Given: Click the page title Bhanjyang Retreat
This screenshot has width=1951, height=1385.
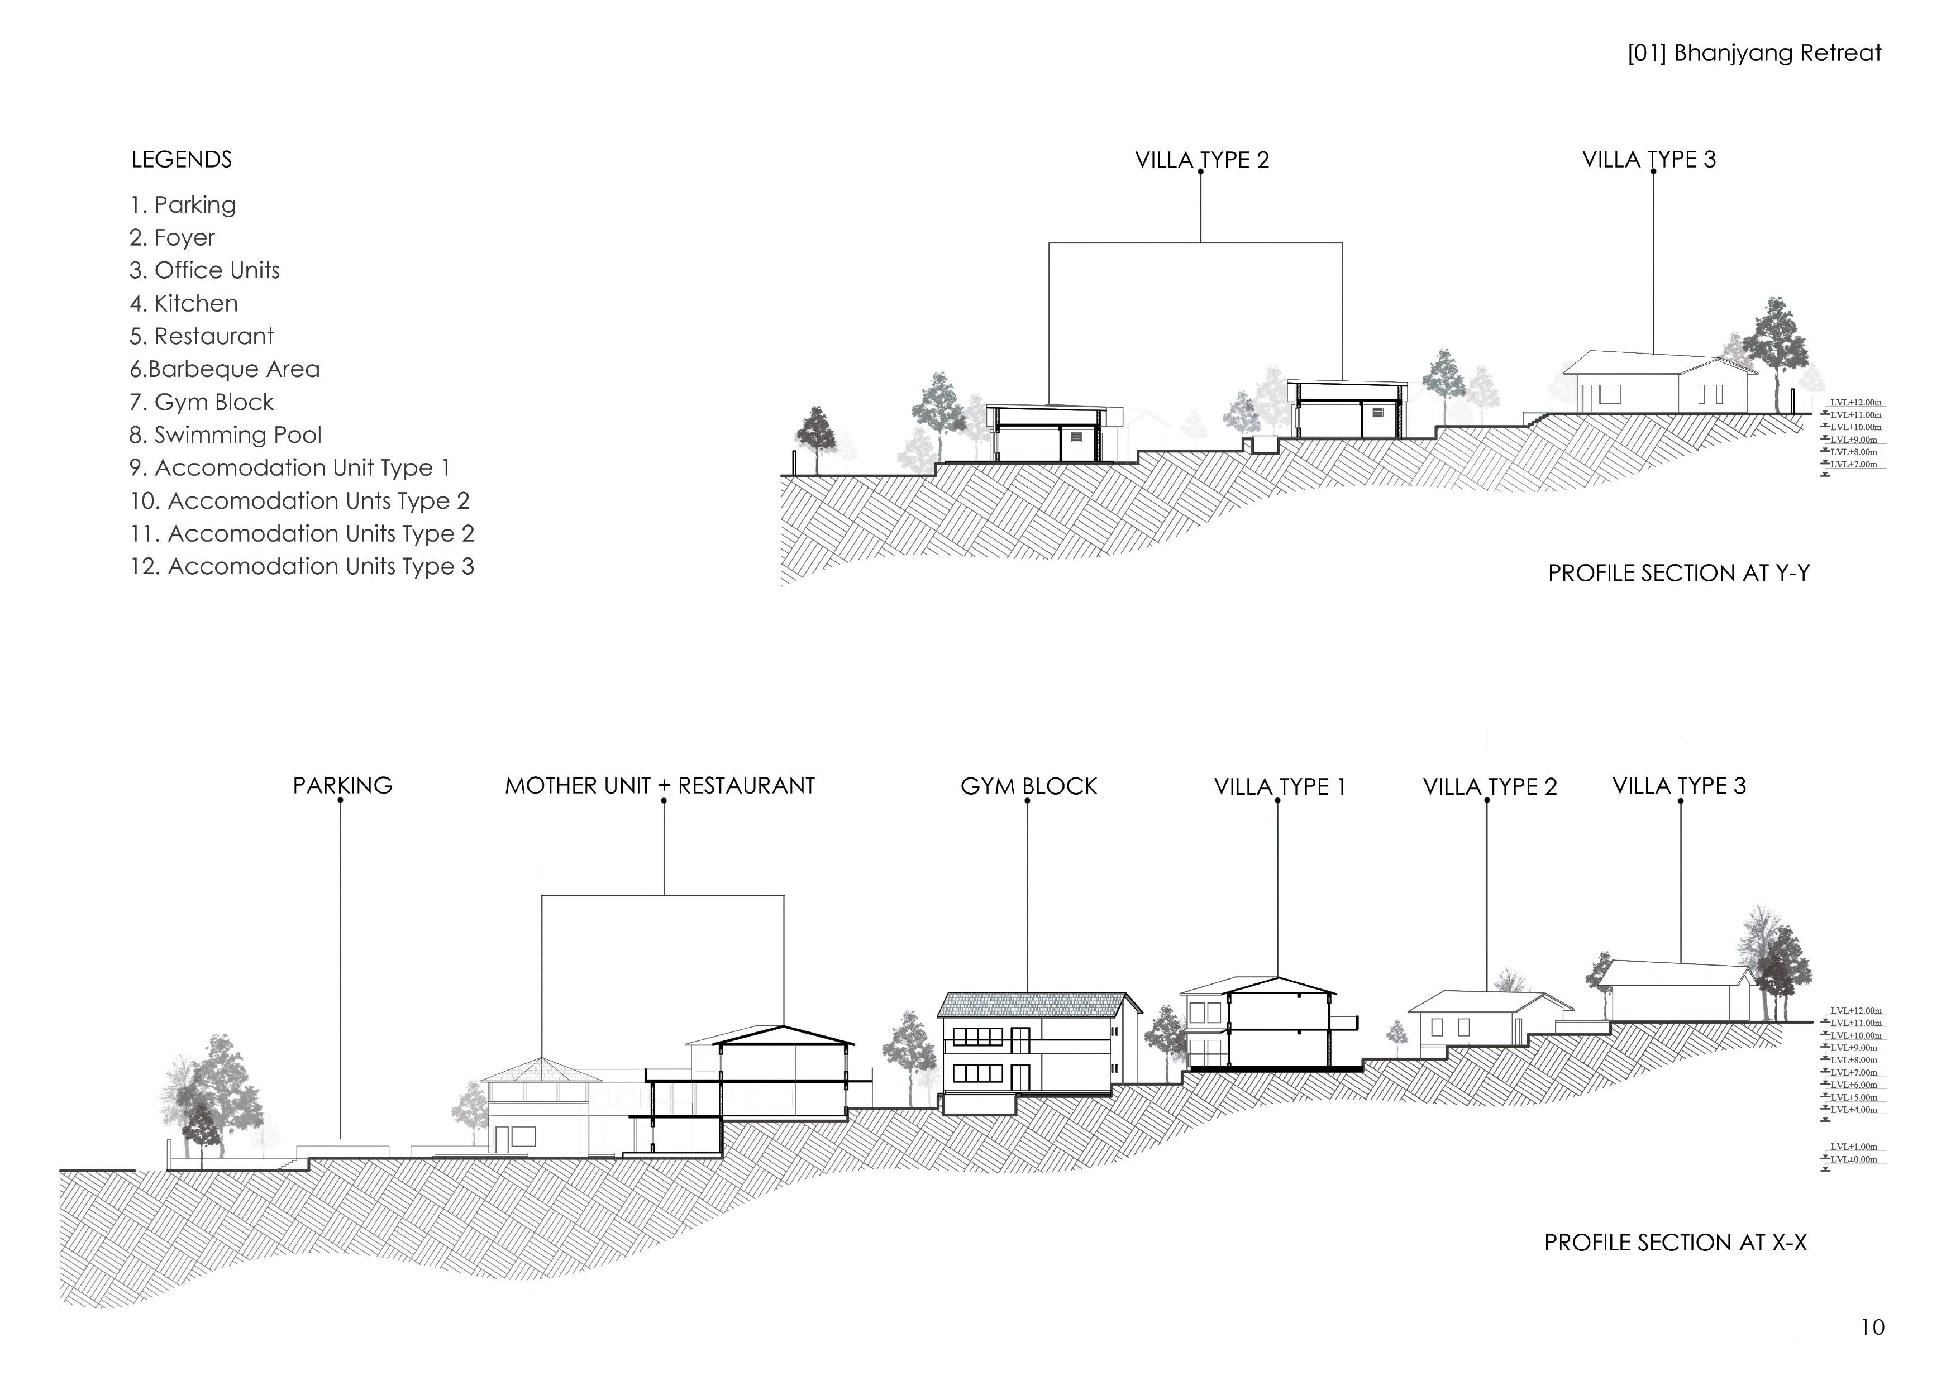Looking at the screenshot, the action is pos(1753,53).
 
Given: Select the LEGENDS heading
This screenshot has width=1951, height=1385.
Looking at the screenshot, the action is pos(181,160).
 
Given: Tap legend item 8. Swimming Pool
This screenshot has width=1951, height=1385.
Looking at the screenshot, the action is pos(225,435).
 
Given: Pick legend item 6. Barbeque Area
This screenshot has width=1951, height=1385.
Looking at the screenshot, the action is pos(225,369).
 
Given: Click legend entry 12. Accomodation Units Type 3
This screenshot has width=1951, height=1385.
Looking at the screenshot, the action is pos(301,566).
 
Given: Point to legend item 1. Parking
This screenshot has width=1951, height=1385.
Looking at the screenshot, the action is pos(183,205).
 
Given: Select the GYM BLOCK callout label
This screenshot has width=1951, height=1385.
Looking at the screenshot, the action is pos(1028,786).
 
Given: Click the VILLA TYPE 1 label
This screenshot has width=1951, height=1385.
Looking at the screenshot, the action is pos(1279,786).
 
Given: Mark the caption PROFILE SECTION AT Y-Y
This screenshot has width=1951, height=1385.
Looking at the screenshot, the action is pos(1678,573).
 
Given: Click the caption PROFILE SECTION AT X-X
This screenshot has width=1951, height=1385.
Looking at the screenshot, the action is pos(1675,1243).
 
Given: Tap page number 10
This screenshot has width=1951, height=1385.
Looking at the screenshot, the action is pos(1872,1327).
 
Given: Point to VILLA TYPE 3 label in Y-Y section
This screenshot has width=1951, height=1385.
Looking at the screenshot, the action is pos(1648,160).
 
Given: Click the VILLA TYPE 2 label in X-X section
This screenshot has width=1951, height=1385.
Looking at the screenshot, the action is pos(1490,786).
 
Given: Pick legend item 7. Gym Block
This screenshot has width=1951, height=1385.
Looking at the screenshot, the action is pos(201,403).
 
